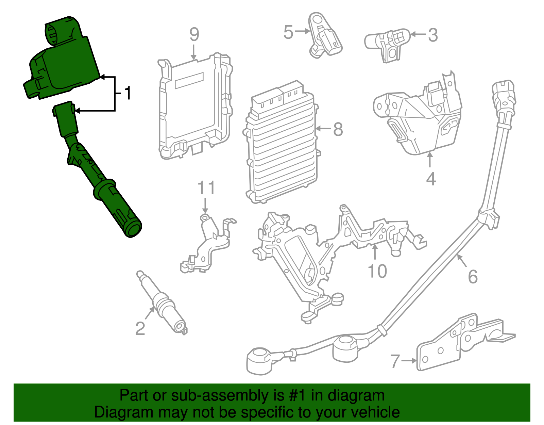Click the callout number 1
coord(128,93)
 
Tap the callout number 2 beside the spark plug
coord(140,328)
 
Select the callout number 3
coord(432,35)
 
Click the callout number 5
coord(288,32)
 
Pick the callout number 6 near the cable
coord(473,276)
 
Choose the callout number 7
coord(395,361)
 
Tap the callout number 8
coord(338,129)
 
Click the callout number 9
coord(194,34)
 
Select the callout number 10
coord(377,271)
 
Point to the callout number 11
coord(206,188)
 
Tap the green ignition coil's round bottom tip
coord(133,229)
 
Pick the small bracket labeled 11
coord(207,245)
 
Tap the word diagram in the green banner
coord(356,396)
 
